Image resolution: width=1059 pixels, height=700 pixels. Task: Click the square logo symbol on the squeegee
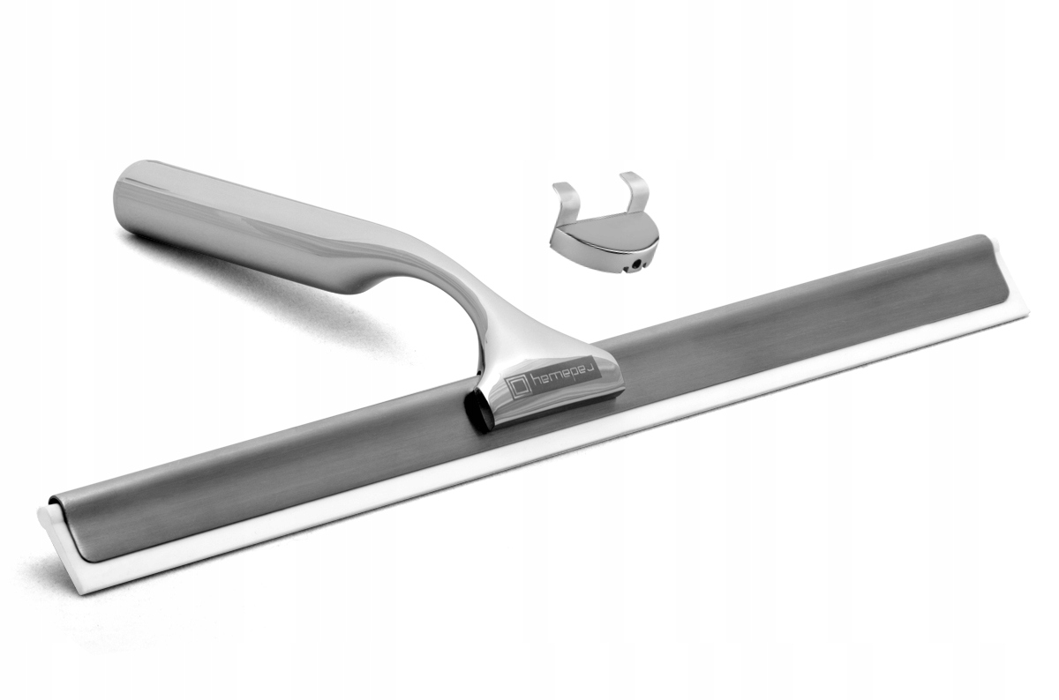(518, 386)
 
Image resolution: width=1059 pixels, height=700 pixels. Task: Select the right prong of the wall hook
(635, 191)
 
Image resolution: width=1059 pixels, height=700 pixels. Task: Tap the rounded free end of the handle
(127, 198)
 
